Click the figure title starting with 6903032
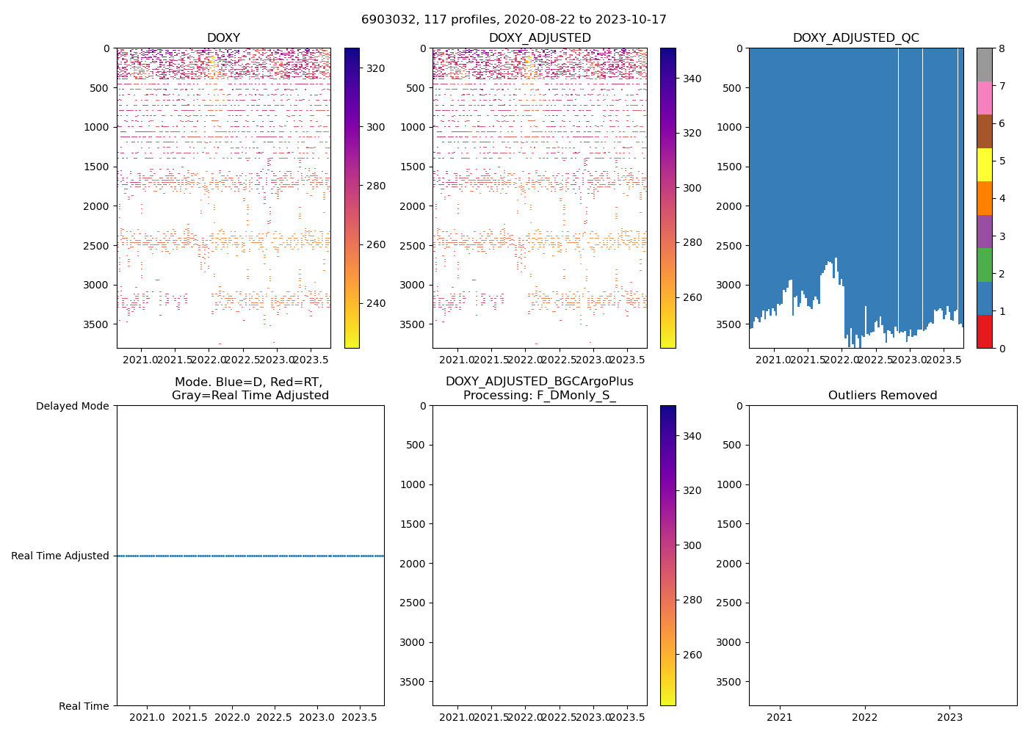(514, 20)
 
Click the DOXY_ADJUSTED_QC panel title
(855, 38)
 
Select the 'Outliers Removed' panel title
(883, 396)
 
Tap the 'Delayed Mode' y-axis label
(73, 406)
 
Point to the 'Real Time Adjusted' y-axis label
(60, 556)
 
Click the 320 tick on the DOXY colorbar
(375, 68)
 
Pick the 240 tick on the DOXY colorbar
(375, 303)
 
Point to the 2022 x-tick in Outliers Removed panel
(865, 717)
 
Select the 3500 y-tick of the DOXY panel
(98, 324)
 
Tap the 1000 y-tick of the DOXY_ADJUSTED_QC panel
(730, 127)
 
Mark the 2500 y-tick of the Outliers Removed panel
(730, 603)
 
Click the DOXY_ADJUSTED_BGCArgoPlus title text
(539, 382)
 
